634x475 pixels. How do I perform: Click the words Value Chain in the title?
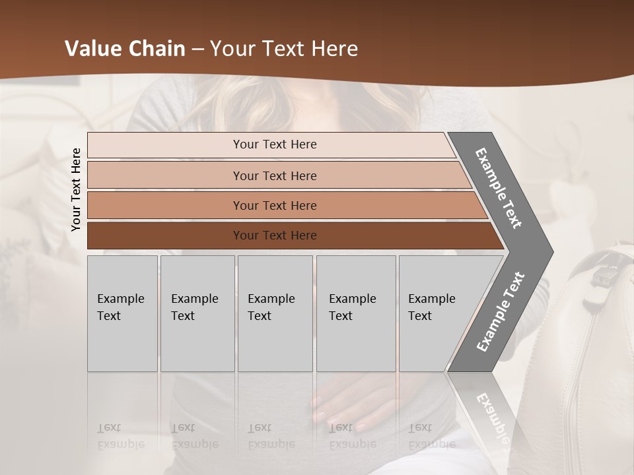125,48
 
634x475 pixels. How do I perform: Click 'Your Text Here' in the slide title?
284,48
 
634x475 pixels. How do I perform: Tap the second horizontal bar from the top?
275,175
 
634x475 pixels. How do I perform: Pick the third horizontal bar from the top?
275,205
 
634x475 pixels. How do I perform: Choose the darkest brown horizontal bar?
275,236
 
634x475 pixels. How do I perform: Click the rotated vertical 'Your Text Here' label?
76,189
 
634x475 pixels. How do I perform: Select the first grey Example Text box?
122,313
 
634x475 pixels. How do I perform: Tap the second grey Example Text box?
197,313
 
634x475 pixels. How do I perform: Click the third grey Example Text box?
274,313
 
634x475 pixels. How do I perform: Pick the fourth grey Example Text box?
355,313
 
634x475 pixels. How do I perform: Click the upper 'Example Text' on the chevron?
499,188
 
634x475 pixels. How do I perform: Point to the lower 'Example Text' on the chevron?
501,311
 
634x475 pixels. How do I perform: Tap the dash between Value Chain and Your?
197,49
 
